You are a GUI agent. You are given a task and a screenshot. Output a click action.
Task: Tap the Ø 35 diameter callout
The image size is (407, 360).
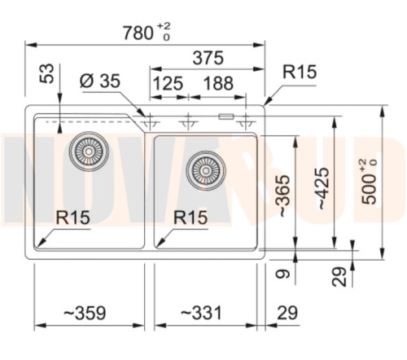pos(100,83)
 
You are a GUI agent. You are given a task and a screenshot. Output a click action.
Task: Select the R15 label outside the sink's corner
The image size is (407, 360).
pos(299,72)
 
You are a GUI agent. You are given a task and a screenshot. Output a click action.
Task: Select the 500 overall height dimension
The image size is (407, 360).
pos(370,181)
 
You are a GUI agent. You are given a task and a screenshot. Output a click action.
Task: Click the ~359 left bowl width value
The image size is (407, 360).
pos(84,313)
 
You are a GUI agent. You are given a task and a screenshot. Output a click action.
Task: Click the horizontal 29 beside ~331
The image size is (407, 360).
pos(287,313)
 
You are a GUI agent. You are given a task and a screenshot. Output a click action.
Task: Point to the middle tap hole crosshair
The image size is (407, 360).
pos(189,121)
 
